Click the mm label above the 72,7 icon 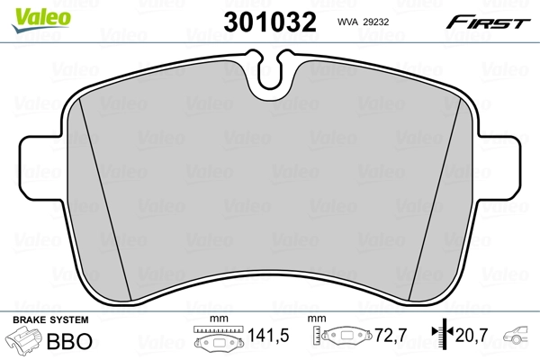click(x=316, y=319)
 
